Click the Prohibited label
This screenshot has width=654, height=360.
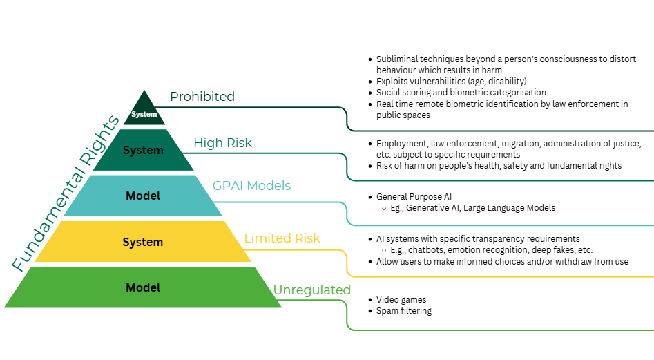pyautogui.click(x=202, y=97)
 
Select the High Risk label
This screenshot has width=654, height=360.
pyautogui.click(x=222, y=143)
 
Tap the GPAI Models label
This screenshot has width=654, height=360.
pyautogui.click(x=251, y=186)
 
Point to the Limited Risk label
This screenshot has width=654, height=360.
pyautogui.click(x=282, y=238)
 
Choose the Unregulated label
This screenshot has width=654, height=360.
pyautogui.click(x=312, y=290)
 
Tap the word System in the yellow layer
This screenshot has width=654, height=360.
pyautogui.click(x=143, y=242)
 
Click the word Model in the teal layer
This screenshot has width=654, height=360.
pyautogui.click(x=143, y=196)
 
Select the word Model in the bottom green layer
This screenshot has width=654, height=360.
pyautogui.click(x=143, y=287)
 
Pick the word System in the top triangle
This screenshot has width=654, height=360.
pyautogui.click(x=144, y=114)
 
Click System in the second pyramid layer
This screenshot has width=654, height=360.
pyautogui.click(x=143, y=150)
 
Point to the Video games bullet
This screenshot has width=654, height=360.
pyautogui.click(x=401, y=300)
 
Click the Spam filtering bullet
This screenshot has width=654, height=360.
pyautogui.click(x=404, y=311)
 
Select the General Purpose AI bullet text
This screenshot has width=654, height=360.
pyautogui.click(x=414, y=197)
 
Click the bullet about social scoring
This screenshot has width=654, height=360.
pyautogui.click(x=461, y=93)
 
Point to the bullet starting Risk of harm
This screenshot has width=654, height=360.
pyautogui.click(x=499, y=166)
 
